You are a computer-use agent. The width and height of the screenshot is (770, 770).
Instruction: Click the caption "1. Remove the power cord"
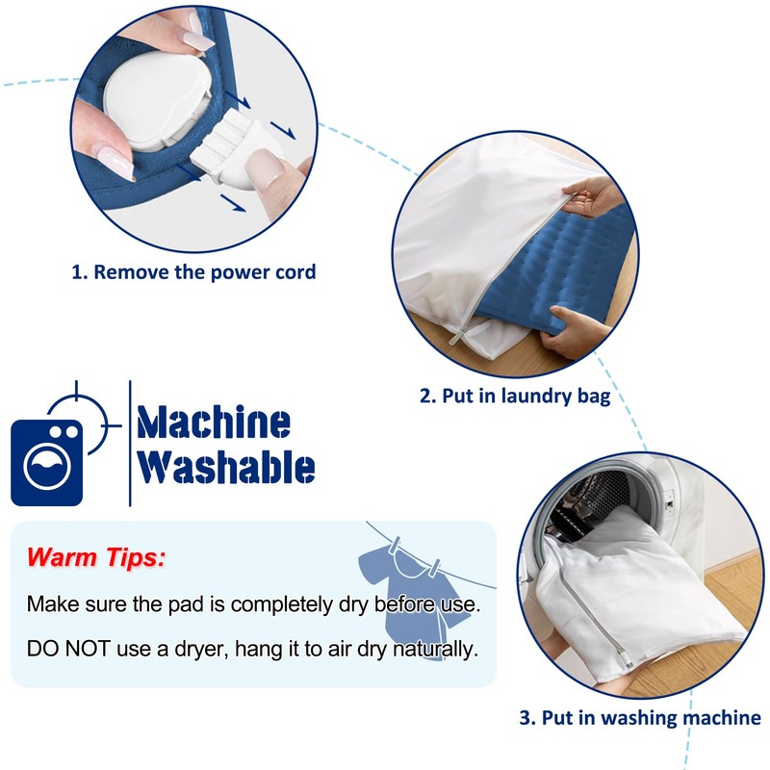coord(193,272)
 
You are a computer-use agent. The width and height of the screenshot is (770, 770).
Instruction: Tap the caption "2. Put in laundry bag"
coord(515,396)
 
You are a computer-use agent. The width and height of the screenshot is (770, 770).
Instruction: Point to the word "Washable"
coord(226,467)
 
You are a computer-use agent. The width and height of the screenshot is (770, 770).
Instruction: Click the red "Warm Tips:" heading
coord(95,557)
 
